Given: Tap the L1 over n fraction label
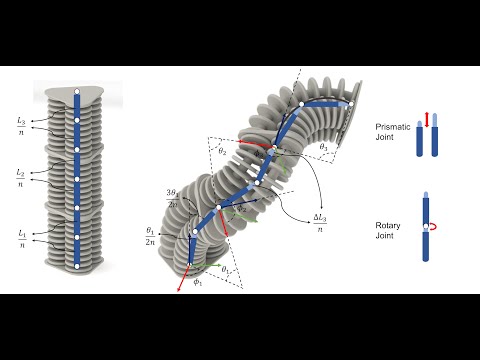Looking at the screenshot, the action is pos(22,237).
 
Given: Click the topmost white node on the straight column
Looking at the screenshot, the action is pos(76,95).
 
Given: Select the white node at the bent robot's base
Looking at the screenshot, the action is pos(190,265).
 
